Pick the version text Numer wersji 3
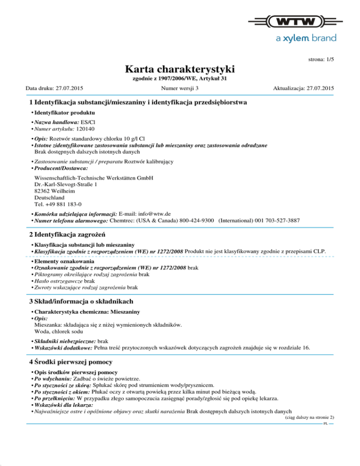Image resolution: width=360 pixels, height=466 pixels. click(x=179, y=88)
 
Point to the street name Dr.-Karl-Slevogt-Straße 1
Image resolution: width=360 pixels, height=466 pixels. click(x=66, y=185)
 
